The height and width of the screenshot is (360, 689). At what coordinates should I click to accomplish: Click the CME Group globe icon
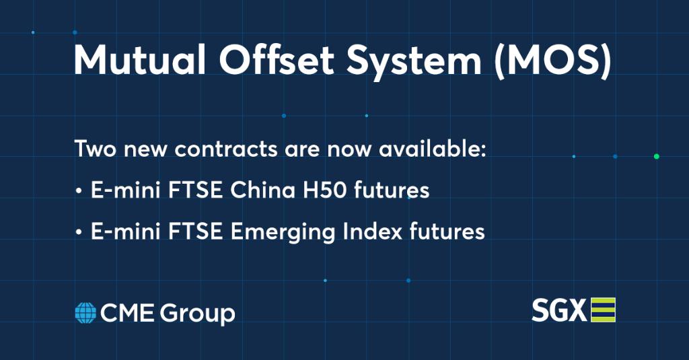(x=85, y=313)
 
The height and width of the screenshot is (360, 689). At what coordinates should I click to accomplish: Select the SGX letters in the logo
(x=559, y=311)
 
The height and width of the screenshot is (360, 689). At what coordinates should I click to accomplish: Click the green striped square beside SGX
(x=603, y=310)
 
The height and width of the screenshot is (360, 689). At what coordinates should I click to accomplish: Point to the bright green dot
(x=656, y=156)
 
